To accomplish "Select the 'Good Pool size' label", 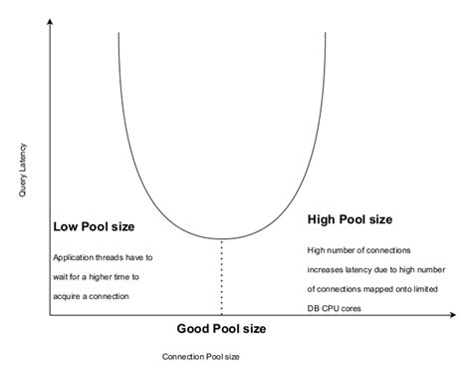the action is click(221, 329).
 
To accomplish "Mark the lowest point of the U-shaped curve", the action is click(220, 239).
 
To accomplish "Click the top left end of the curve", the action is click(118, 33).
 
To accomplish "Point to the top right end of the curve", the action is click(325, 33).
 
